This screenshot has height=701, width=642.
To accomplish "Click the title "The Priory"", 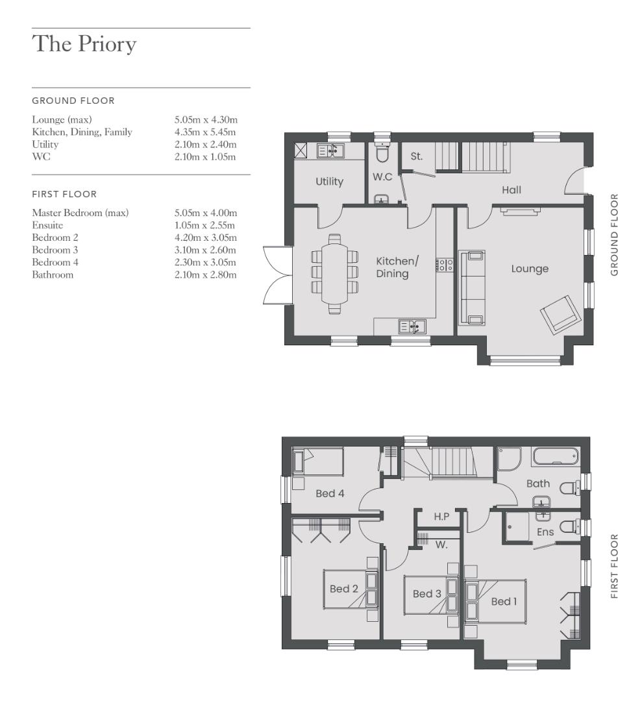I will (84, 44).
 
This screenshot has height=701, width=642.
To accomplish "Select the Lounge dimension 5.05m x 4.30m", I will (205, 120).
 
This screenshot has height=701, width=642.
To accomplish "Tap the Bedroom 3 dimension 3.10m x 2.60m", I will (205, 250).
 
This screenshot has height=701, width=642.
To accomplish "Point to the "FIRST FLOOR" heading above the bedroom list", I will (64, 194).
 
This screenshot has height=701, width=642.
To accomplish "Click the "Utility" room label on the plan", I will (329, 182).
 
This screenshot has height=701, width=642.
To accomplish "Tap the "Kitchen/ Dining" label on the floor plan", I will (397, 267).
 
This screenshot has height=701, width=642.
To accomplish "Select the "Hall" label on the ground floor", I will (512, 190).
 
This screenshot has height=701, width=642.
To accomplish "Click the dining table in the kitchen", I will (334, 272).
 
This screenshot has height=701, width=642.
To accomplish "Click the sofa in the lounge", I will (474, 287).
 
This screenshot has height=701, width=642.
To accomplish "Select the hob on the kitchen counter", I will (445, 265).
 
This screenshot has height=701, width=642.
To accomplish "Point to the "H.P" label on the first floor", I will (441, 517).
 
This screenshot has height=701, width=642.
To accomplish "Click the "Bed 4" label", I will (330, 494).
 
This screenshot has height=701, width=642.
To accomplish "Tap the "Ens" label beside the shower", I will (545, 532).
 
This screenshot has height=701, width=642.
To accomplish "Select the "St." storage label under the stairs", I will (417, 156).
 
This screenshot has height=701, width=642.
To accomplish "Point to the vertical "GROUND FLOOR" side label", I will (614, 234).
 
